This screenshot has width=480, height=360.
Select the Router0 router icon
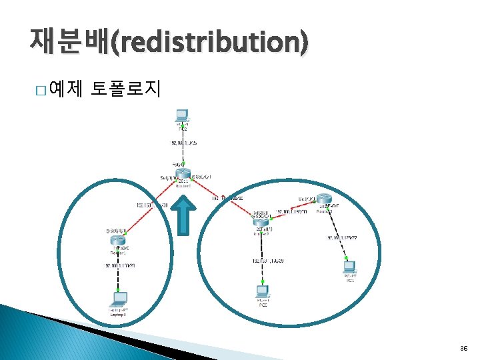[x=183, y=174]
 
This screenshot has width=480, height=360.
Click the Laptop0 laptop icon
[x=118, y=298]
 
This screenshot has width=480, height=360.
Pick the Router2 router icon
[x=261, y=223]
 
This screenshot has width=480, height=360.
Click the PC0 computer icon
[x=262, y=291]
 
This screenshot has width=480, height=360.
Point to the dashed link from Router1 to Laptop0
[x=117, y=270]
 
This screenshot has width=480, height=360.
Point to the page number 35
[x=463, y=349]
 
